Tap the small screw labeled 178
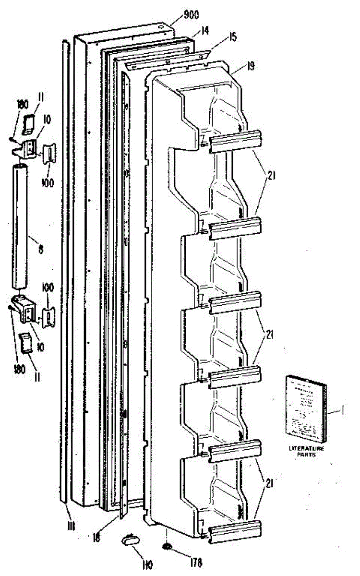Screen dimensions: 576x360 [167, 547]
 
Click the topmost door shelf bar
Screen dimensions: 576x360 [235, 143]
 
